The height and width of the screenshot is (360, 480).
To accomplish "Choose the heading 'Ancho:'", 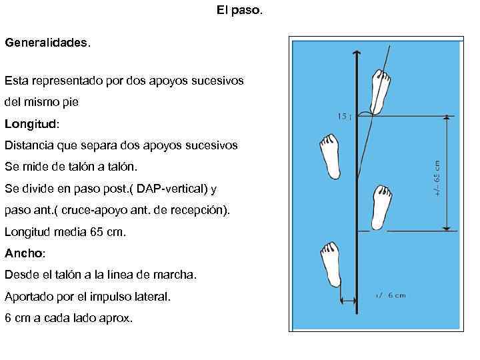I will (25, 253).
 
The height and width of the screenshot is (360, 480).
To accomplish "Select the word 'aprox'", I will (117, 318).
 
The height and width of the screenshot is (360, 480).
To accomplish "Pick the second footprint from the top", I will (329, 156).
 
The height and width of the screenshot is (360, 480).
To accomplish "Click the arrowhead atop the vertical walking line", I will (358, 54).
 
